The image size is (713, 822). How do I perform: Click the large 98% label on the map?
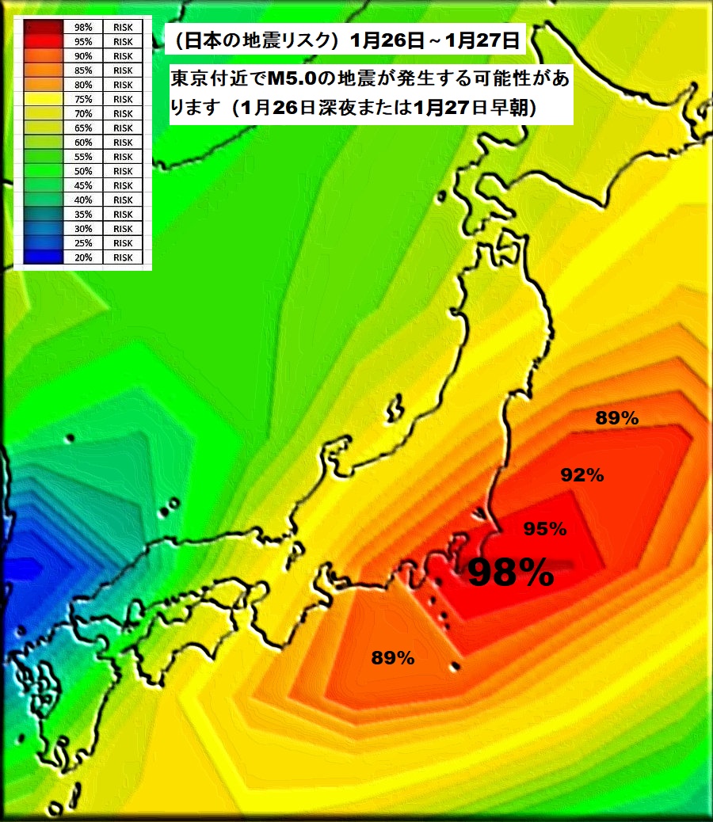coord(510,572)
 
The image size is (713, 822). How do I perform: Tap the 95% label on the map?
coord(544,529)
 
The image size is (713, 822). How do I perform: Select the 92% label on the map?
coord(582,475)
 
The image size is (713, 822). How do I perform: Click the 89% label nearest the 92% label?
coord(617,419)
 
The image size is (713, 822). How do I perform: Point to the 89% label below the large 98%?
coord(393,657)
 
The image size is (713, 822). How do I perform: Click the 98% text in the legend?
coord(83,28)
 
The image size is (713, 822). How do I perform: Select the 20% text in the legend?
coord(83,257)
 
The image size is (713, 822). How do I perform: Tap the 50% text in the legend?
coord(83,171)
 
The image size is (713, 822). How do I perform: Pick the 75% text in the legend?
coord(83,100)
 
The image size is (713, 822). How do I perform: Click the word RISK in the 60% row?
coord(123,143)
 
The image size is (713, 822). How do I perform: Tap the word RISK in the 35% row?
coord(123,215)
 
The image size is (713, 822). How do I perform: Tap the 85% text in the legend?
coord(83,70)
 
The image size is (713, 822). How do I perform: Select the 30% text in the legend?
coord(83,229)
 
